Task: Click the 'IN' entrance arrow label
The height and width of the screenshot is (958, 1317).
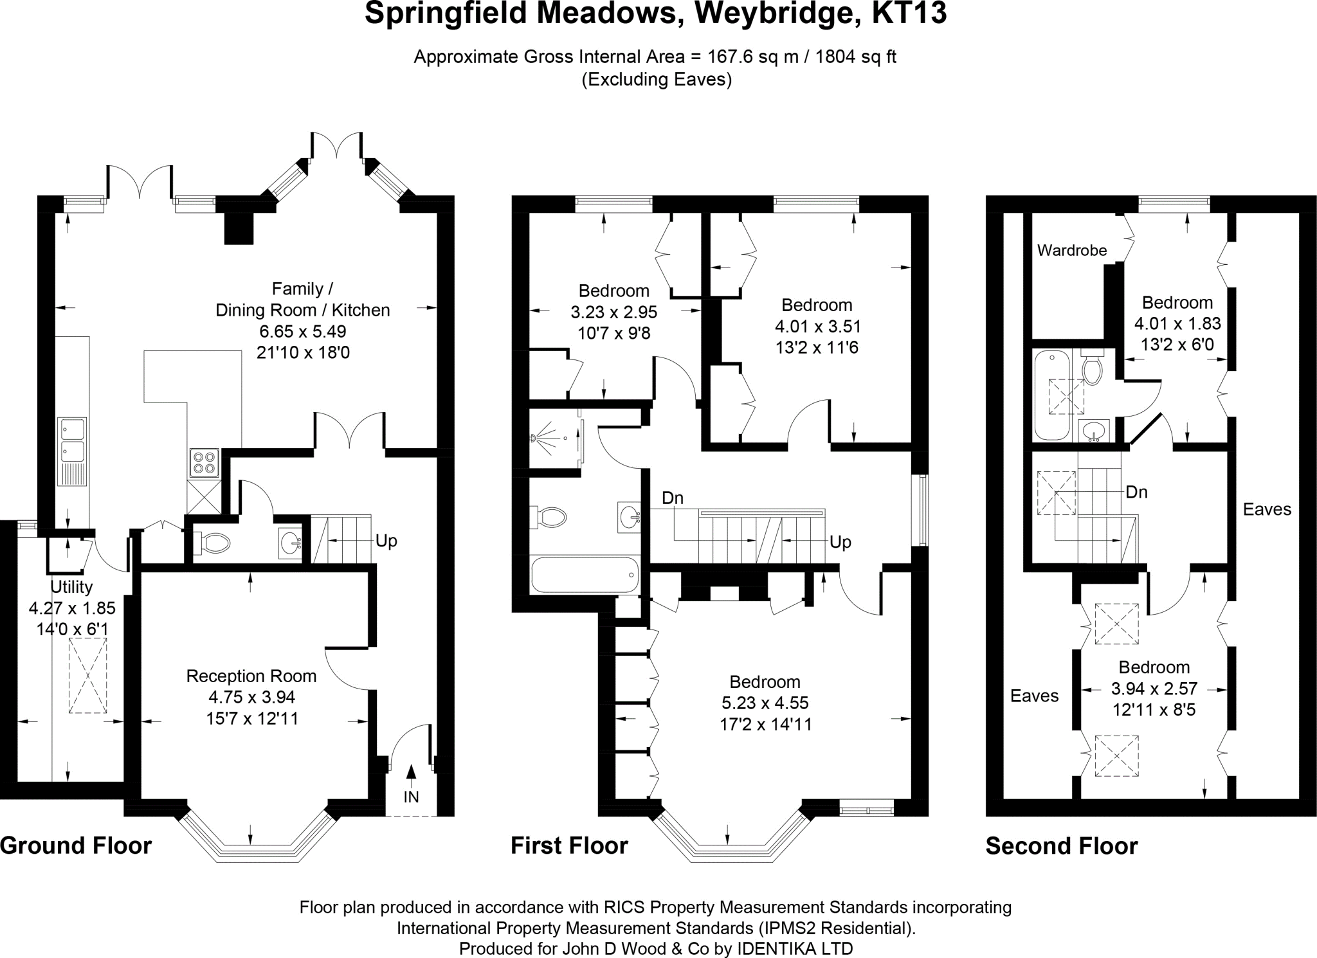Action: point(411,797)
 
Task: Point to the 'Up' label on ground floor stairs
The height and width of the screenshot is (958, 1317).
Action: point(386,541)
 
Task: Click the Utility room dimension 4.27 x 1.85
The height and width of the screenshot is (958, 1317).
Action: point(72,608)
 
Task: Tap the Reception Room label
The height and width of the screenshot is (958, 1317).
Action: point(251,676)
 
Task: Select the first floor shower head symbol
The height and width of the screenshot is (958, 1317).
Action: point(535,438)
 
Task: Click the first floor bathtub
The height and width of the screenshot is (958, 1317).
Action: point(584,574)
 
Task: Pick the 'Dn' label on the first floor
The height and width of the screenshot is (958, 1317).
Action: point(673,498)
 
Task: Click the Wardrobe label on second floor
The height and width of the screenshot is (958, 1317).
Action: point(1072,250)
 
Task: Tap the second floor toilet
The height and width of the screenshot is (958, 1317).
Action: point(1091,369)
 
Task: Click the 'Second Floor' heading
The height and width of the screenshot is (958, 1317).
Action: point(1062,845)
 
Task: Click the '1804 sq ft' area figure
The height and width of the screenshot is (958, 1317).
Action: point(856,57)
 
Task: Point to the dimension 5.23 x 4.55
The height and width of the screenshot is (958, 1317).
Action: point(765,703)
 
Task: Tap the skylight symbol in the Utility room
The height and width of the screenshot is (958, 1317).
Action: point(87,675)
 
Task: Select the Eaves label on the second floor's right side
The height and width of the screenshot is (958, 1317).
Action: point(1267,509)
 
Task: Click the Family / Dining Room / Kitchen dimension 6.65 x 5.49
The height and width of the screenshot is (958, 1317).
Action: point(302,331)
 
